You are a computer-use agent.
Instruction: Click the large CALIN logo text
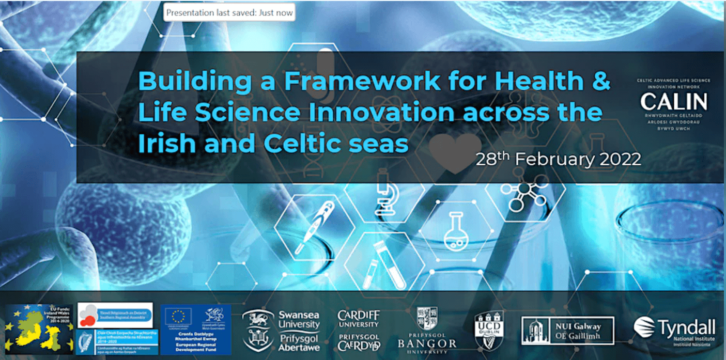coord(674,101)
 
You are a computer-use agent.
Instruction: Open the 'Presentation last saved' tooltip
coord(229,12)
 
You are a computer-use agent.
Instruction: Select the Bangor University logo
coord(427,330)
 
